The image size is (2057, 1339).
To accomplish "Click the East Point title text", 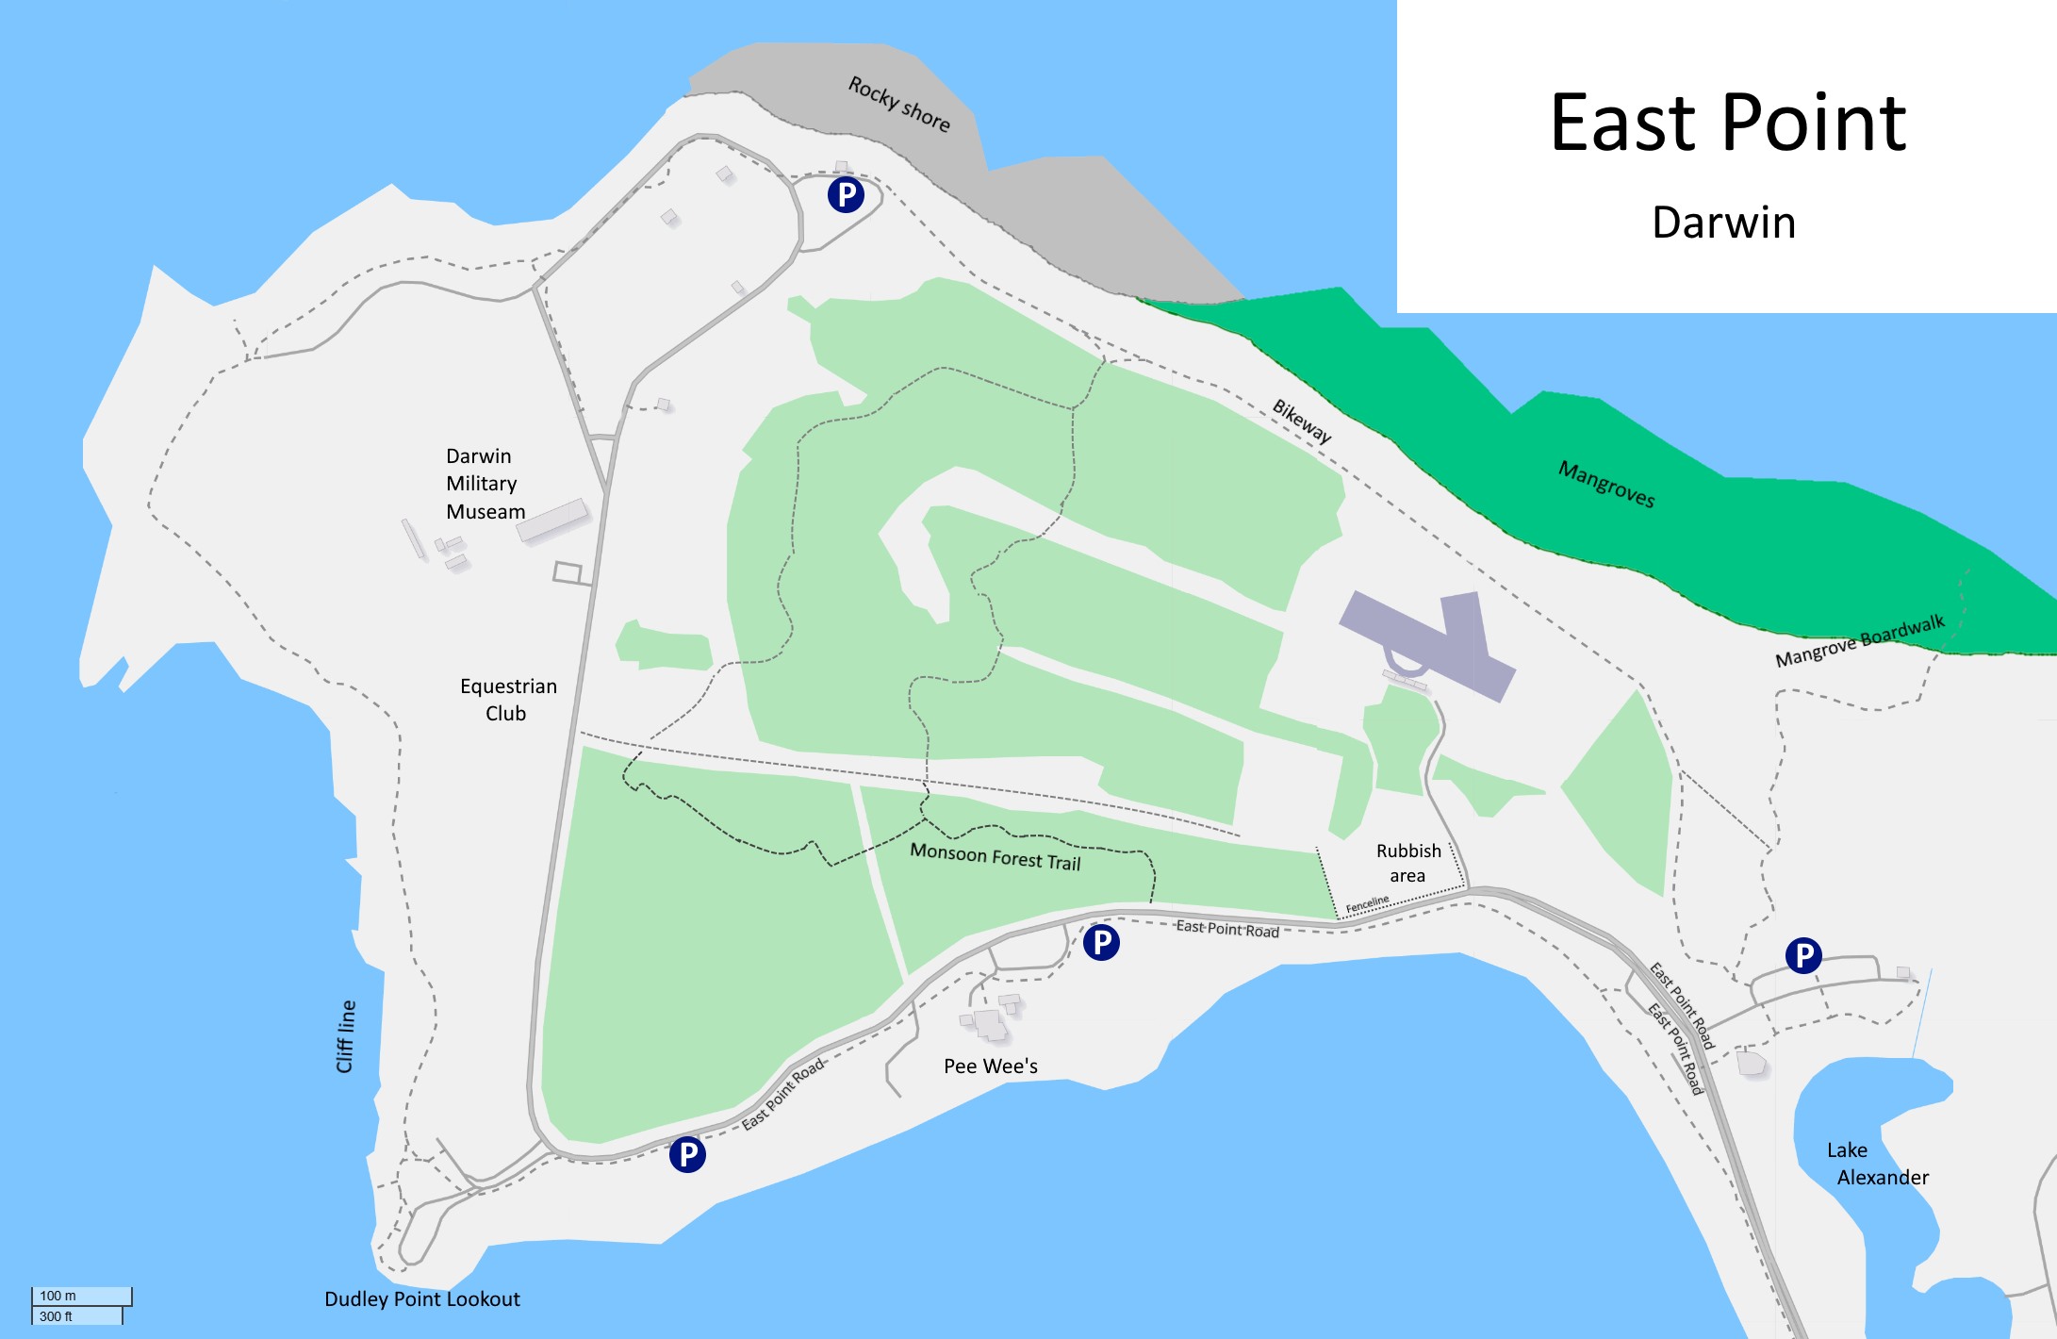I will click(1727, 124).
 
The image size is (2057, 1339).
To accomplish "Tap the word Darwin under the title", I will click(1723, 223).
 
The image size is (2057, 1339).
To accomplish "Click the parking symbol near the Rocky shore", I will click(846, 195).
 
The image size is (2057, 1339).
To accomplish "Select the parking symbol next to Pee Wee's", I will click(1100, 942).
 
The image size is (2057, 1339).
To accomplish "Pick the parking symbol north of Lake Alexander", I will click(1802, 955).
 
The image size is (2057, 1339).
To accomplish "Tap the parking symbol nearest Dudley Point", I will click(687, 1153).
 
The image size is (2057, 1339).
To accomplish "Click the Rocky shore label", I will click(898, 104).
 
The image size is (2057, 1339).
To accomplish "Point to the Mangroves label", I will click(1605, 485).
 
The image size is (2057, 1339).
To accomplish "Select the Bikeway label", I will click(1302, 421).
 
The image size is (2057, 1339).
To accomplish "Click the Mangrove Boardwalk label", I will click(1859, 641).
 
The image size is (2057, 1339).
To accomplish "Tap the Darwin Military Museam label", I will click(485, 484).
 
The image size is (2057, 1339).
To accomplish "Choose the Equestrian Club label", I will click(508, 700).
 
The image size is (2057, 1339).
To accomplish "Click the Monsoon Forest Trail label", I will click(995, 857).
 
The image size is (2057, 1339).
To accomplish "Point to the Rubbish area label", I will click(1408, 863).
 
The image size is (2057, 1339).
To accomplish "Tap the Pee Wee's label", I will click(990, 1066).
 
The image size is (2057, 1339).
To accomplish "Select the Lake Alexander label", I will click(1876, 1164).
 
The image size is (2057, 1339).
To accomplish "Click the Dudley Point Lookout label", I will click(421, 1299).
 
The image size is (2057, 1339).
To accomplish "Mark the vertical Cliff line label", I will click(346, 1036).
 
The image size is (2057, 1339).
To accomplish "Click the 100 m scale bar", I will click(81, 1297).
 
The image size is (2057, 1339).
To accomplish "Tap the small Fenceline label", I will click(1367, 903).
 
